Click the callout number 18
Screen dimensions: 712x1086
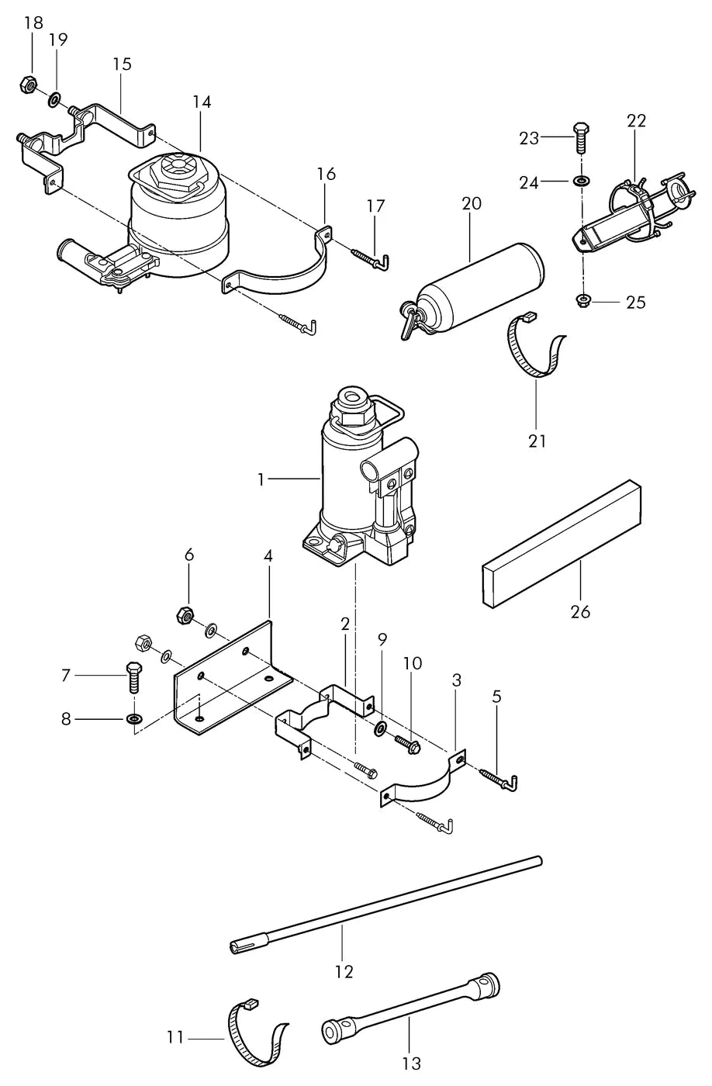pyautogui.click(x=33, y=23)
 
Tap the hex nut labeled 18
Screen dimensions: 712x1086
pyautogui.click(x=29, y=85)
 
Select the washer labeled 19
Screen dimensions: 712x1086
pyautogui.click(x=54, y=101)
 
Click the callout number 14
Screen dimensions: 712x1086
pyautogui.click(x=202, y=102)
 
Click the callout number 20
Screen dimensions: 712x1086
pyautogui.click(x=471, y=203)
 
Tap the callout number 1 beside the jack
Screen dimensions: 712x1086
pyautogui.click(x=261, y=480)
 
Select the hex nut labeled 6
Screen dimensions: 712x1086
pyautogui.click(x=184, y=616)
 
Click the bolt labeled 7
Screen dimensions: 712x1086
pyautogui.click(x=133, y=676)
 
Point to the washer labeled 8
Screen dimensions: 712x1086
pyautogui.click(x=132, y=718)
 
